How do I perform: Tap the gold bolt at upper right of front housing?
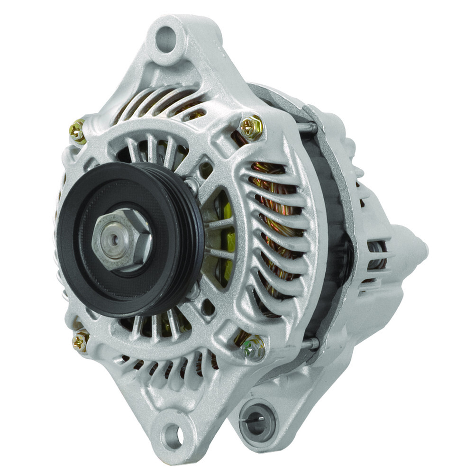click(251, 127)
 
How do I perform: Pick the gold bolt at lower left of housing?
click(81, 340)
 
